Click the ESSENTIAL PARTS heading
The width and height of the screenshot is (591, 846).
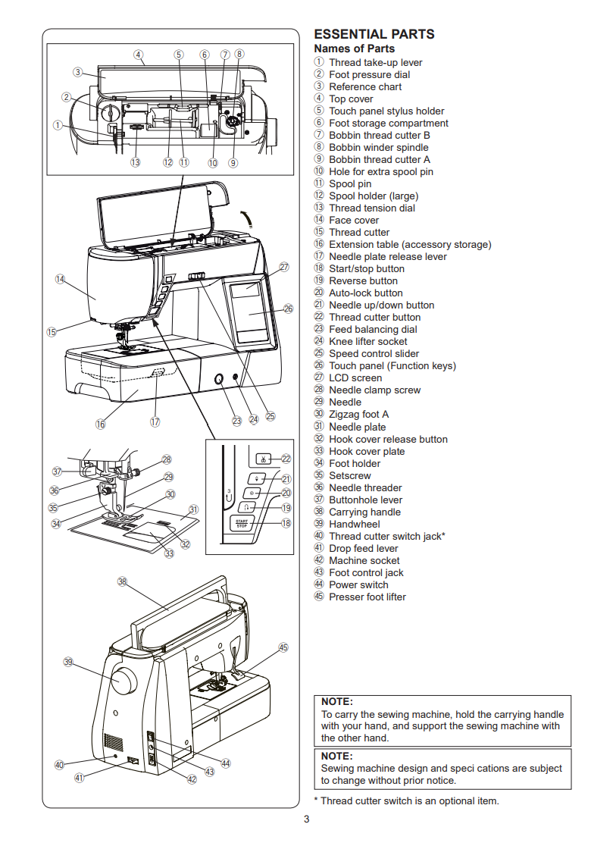[x=374, y=34]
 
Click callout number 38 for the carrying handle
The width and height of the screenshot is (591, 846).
[x=122, y=581]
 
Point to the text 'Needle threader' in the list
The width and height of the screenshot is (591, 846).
[x=365, y=487]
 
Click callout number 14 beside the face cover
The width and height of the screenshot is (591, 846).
[x=61, y=279]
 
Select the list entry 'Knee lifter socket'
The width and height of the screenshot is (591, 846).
[x=367, y=341]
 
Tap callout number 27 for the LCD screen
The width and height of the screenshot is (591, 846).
[x=284, y=267]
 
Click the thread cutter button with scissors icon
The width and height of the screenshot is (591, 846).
[x=262, y=459]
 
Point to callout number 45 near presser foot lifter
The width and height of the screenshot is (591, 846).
[x=283, y=648]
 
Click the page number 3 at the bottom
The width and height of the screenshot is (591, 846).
[x=306, y=819]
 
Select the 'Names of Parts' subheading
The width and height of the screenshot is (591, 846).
[x=354, y=49]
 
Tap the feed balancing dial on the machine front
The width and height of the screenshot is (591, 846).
[x=217, y=379]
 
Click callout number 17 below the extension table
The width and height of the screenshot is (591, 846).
[x=155, y=422]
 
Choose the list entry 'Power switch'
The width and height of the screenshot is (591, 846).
[x=358, y=584]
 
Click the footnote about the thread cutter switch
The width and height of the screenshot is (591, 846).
[x=406, y=801]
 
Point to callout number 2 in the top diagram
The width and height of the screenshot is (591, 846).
[x=67, y=97]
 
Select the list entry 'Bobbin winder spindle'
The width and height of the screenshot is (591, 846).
[x=378, y=147]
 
